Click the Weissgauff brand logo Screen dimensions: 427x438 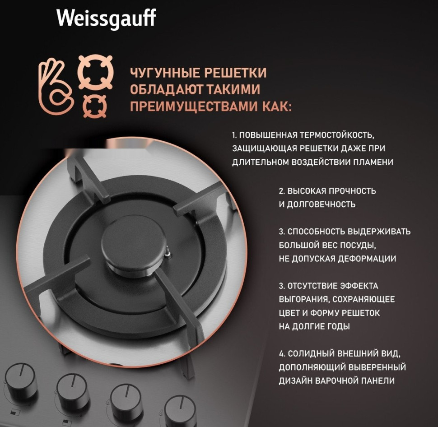(x=106, y=19)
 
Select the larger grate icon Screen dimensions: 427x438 (x=95, y=71)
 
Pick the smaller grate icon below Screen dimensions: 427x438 (x=95, y=107)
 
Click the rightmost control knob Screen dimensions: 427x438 (x=179, y=410)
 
